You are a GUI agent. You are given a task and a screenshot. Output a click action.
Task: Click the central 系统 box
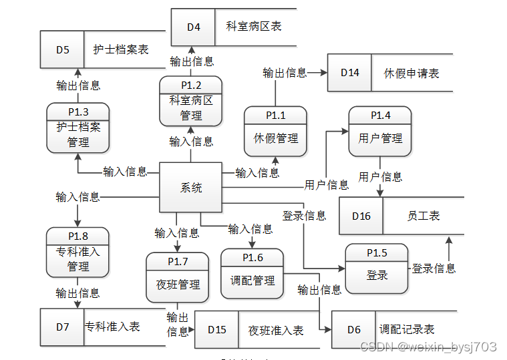point(190,188)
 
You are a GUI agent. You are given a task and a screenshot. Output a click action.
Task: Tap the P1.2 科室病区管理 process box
point(190,102)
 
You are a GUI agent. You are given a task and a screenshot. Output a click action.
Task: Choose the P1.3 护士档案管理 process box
point(77,127)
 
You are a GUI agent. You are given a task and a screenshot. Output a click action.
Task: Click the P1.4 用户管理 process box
point(380,131)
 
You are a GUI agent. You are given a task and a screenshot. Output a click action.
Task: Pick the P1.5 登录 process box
point(376,268)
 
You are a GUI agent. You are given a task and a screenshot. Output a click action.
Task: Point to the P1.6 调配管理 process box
point(252,274)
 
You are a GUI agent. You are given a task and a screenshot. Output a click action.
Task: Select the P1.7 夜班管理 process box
point(178,277)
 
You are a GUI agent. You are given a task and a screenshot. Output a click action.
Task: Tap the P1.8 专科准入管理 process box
point(77,252)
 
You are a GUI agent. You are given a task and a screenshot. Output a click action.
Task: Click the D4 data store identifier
point(193,27)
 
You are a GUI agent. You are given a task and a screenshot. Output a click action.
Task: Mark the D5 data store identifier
point(62,49)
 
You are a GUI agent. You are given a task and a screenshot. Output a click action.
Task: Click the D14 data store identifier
point(349,73)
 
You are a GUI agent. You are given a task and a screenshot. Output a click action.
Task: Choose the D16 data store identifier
point(361,216)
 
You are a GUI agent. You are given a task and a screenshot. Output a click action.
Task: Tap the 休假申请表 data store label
point(411,73)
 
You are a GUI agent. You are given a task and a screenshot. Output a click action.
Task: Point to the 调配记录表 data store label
point(407,329)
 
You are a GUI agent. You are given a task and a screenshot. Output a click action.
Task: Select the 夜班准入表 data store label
point(276,330)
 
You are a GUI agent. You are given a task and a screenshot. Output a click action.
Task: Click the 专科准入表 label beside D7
point(112,327)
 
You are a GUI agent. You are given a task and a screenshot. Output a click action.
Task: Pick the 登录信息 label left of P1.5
point(304,216)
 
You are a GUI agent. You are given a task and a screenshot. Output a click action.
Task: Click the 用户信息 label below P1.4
point(380,177)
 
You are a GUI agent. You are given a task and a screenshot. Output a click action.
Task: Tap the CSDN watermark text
point(428,347)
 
